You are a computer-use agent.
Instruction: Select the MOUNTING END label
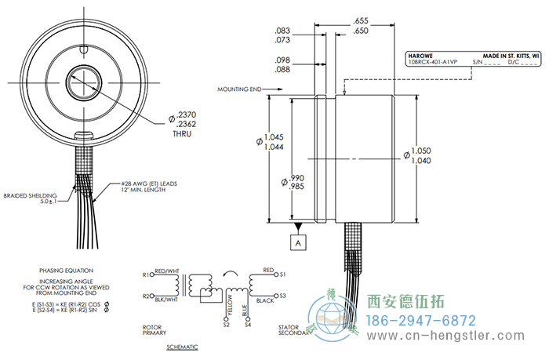(239, 89)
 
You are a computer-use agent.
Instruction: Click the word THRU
(182, 133)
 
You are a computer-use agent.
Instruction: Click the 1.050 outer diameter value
(422, 150)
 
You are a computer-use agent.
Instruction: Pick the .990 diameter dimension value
(296, 180)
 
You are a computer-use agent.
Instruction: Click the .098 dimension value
(283, 60)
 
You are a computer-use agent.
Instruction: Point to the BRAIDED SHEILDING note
(29, 196)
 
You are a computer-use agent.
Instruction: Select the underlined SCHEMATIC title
(182, 346)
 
